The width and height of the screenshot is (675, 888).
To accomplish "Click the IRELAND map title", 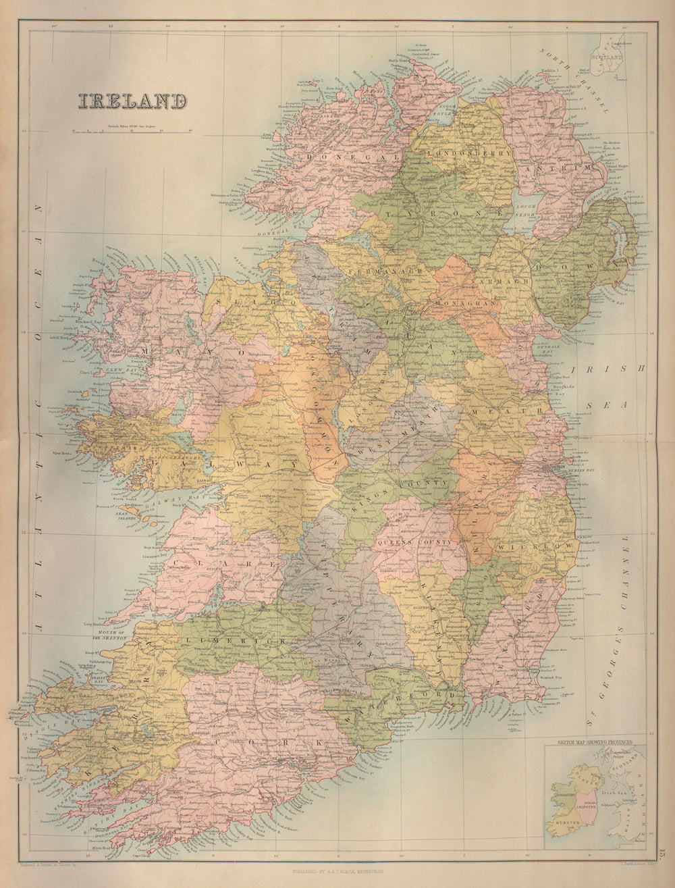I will tap(132, 101).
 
